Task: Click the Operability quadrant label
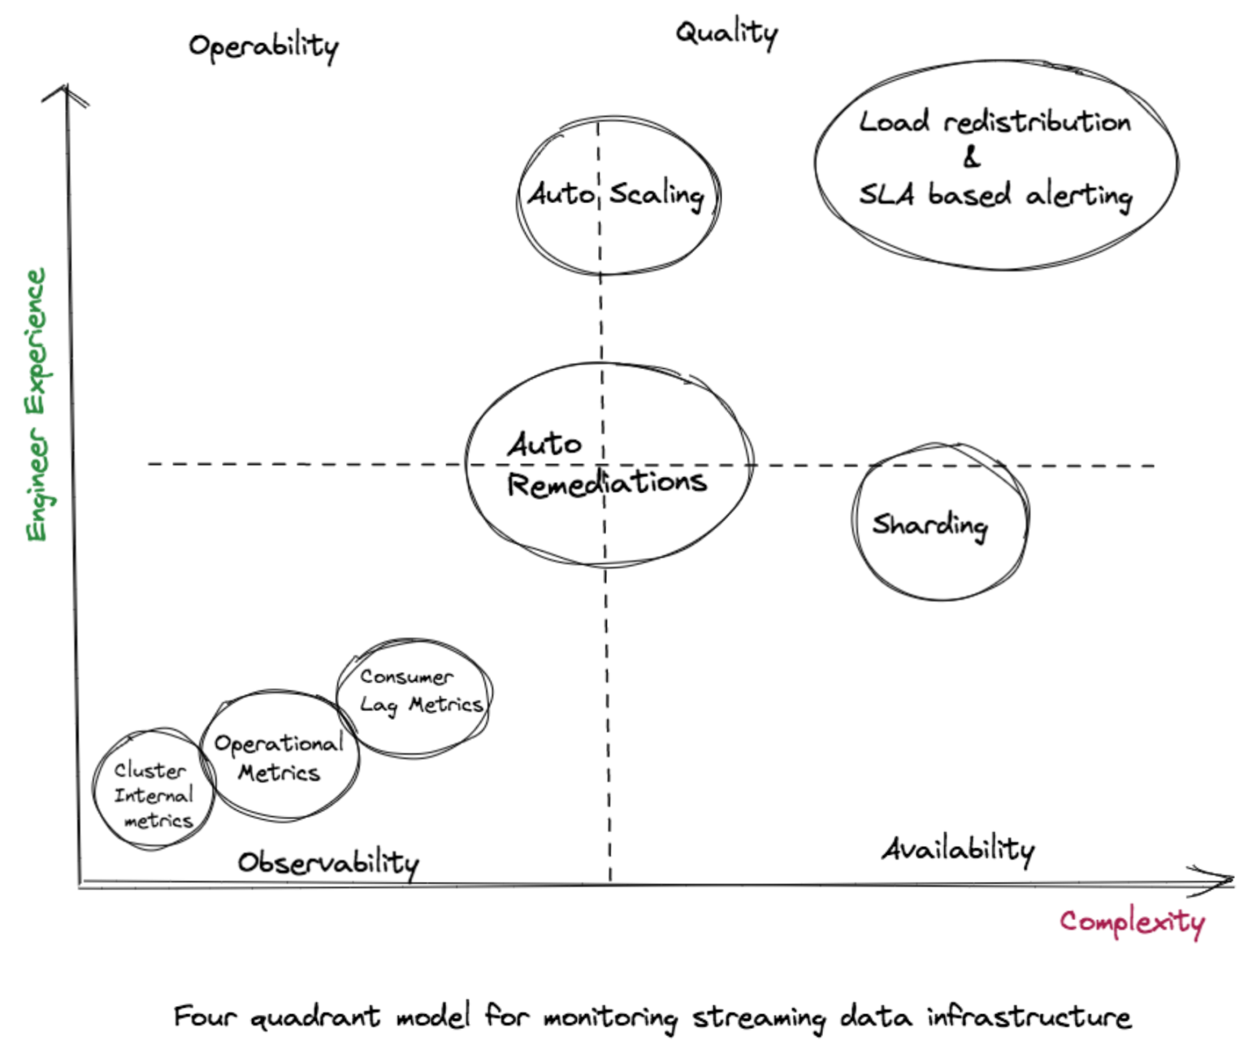pyautogui.click(x=263, y=46)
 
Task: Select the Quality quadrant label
pyautogui.click(x=726, y=33)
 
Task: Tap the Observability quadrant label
pyautogui.click(x=328, y=862)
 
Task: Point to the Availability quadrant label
pyautogui.click(x=958, y=850)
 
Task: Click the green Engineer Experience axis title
pyautogui.click(x=37, y=405)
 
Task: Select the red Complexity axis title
pyautogui.click(x=1132, y=922)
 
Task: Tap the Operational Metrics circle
pyautogui.click(x=279, y=756)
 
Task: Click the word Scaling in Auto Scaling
pyautogui.click(x=656, y=194)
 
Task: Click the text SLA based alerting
pyautogui.click(x=995, y=195)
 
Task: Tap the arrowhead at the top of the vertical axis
pyautogui.click(x=67, y=91)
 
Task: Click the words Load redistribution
pyautogui.click(x=994, y=122)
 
